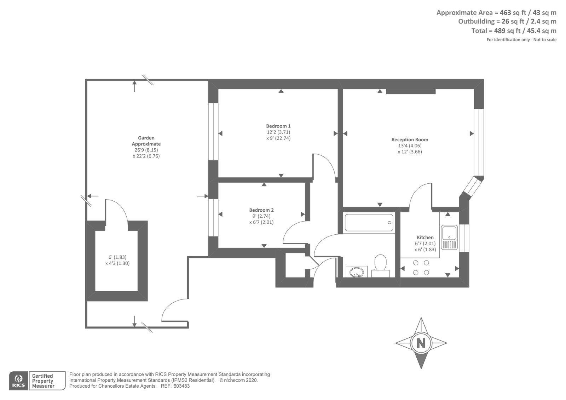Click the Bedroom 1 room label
click(x=278, y=126)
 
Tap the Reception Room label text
click(x=410, y=139)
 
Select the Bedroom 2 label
click(x=261, y=210)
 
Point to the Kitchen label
click(x=425, y=238)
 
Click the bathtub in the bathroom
click(x=369, y=223)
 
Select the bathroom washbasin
click(x=357, y=272)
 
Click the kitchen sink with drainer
click(x=449, y=237)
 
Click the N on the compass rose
click(x=421, y=343)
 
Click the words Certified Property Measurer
click(x=43, y=381)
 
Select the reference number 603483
click(x=181, y=386)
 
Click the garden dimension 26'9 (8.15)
click(x=146, y=150)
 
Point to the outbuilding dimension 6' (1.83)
click(x=117, y=257)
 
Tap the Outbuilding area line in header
click(x=507, y=22)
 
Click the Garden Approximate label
click(x=146, y=141)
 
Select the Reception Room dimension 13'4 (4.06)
click(x=410, y=145)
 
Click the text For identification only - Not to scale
click(x=521, y=40)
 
